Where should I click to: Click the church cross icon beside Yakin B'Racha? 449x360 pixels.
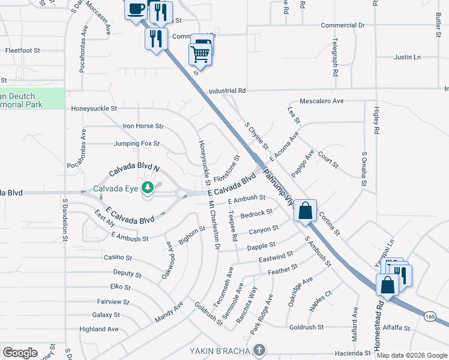tap(259, 350)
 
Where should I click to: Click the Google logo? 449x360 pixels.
tap(20, 352)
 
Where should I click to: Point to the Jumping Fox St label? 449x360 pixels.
tap(137, 144)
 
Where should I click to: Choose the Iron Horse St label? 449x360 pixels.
tap(143, 127)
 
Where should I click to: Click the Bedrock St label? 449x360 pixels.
tap(256, 213)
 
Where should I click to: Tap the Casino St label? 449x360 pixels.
tap(118, 257)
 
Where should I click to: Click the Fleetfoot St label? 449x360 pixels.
tap(22, 50)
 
